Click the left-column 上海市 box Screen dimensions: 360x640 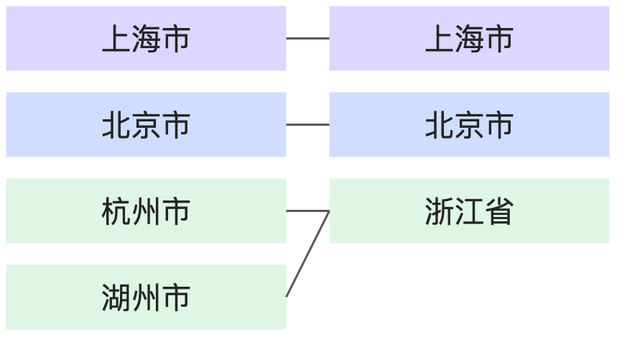(x=146, y=39)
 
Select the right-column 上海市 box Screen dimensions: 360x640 (x=469, y=39)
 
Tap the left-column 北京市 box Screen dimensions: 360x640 (x=146, y=125)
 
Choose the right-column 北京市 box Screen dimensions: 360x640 (x=469, y=125)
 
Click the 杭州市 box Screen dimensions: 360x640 (x=146, y=211)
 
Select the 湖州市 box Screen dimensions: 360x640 (x=146, y=297)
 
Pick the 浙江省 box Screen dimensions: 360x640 (x=469, y=211)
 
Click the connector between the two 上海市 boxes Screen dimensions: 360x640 (x=307, y=39)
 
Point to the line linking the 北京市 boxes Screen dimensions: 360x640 (x=307, y=125)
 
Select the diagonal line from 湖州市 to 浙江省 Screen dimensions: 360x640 (x=307, y=254)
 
